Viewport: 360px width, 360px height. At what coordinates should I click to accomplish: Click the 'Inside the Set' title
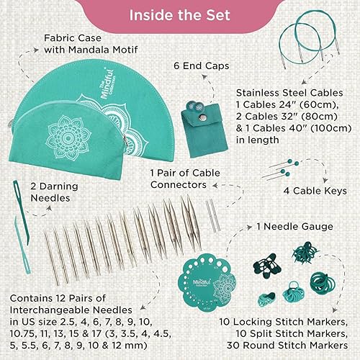coord(180,17)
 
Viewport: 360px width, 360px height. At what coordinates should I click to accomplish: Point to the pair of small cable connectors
coord(209,213)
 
